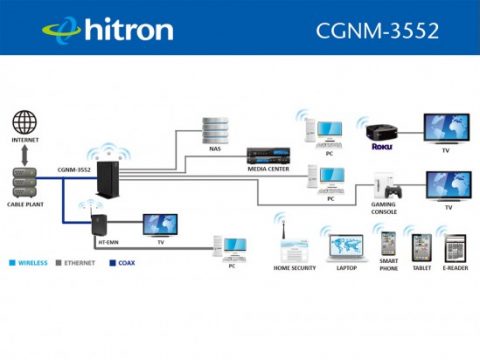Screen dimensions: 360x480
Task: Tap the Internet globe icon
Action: pos(25,124)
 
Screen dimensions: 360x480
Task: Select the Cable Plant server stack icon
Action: pos(25,179)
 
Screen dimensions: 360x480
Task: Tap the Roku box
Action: pos(380,132)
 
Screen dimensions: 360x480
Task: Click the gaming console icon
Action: pos(386,188)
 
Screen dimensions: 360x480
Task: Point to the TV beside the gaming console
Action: pos(447,186)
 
